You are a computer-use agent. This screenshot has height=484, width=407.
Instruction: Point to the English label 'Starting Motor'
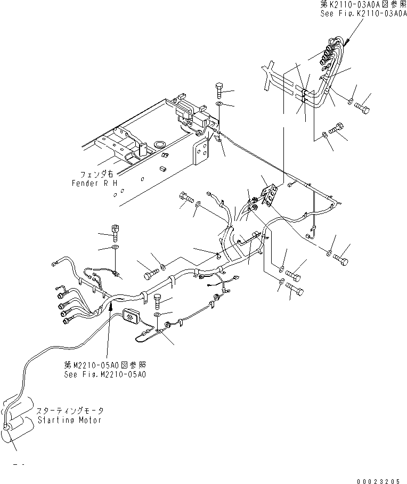[69, 420]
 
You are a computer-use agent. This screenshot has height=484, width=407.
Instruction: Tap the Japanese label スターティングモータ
[70, 411]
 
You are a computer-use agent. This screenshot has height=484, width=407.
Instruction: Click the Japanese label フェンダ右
[96, 174]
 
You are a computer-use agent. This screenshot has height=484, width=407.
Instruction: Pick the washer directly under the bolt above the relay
[219, 103]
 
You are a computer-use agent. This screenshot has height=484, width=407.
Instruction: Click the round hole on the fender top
[158, 144]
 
